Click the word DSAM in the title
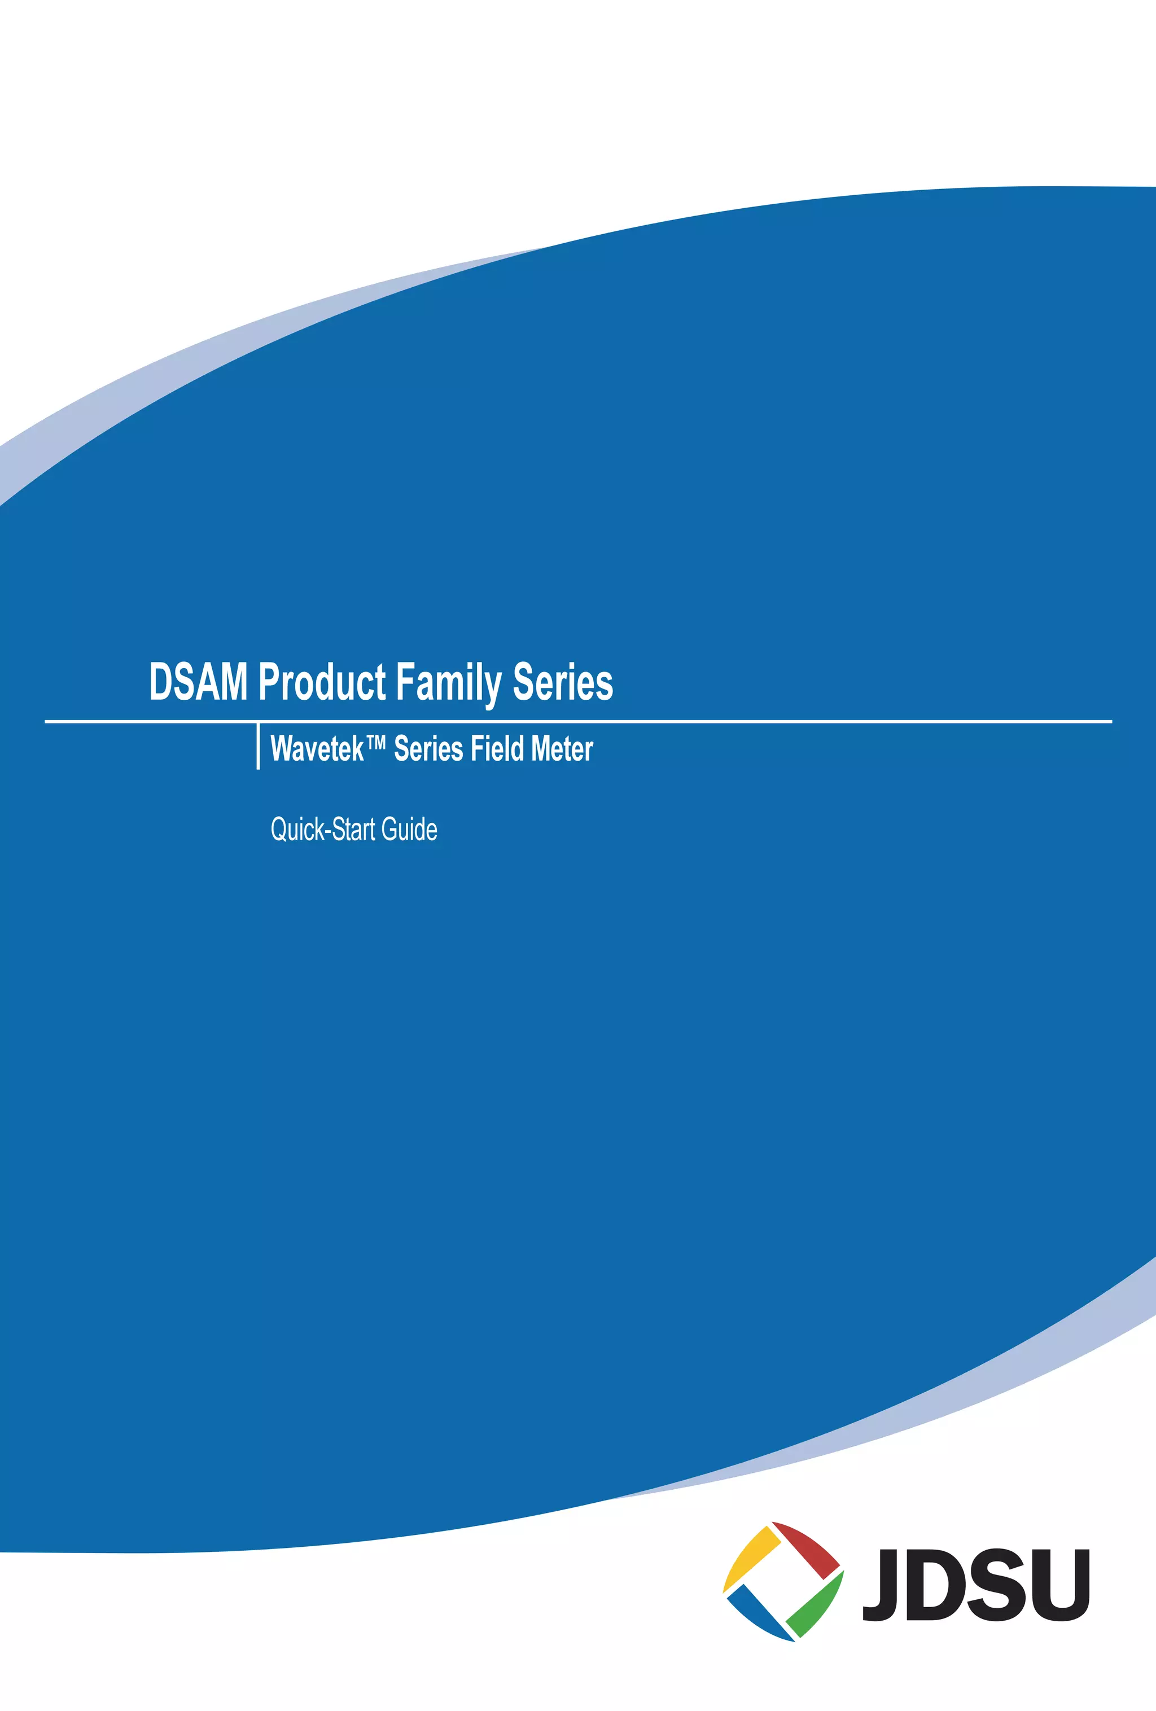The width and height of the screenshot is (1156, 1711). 198,682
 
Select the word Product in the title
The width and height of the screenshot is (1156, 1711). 322,682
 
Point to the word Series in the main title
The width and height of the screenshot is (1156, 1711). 563,682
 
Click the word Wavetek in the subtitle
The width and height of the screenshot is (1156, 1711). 317,749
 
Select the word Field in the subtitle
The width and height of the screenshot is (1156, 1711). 497,749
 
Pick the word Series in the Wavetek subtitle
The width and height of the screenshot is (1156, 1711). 428,749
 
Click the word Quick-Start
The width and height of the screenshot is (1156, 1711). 322,830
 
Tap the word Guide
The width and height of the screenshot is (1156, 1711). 409,830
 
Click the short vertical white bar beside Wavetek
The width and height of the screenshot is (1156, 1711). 258,746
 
